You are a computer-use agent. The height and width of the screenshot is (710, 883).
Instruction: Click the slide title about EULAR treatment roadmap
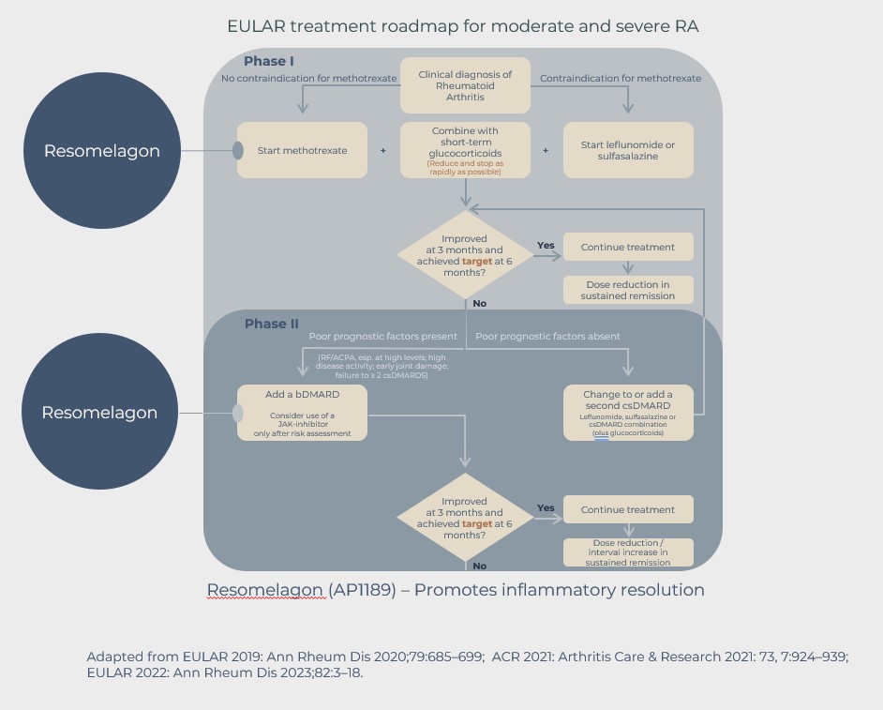[462, 25]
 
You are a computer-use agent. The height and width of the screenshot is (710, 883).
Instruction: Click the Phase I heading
[269, 61]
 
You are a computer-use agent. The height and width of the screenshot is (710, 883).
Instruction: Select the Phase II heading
[271, 324]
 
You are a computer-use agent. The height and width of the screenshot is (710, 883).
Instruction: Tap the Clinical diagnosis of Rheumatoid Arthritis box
[466, 86]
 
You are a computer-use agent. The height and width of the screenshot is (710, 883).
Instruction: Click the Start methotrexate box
[302, 150]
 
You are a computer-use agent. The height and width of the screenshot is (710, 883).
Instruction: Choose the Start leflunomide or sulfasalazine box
[628, 150]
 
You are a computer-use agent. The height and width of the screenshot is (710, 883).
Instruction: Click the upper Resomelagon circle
[101, 150]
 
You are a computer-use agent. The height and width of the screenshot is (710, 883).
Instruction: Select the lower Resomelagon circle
[99, 413]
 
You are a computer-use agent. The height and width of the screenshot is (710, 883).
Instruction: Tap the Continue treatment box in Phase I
[628, 248]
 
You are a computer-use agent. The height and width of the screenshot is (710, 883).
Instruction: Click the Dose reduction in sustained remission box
[628, 290]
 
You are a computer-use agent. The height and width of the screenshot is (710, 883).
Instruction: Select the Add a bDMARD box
[302, 413]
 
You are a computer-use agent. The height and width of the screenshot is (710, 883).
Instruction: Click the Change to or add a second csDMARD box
[628, 413]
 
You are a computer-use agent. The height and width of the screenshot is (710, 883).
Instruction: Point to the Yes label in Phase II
[546, 508]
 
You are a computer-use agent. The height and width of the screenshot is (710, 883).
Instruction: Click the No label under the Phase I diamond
[480, 304]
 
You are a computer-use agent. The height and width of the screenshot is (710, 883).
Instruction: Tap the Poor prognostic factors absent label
[547, 336]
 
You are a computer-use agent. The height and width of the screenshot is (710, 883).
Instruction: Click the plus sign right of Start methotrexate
[382, 150]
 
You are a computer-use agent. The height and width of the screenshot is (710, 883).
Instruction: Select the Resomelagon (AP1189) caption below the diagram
[455, 590]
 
